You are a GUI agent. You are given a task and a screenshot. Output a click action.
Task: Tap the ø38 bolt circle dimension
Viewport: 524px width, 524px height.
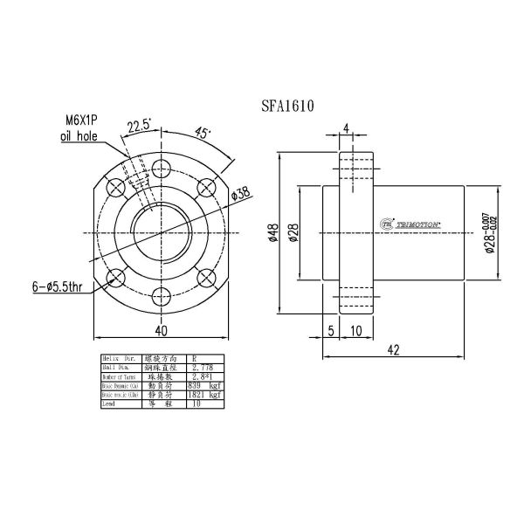(242, 193)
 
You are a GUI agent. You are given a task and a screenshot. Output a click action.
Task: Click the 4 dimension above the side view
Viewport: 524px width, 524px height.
(347, 128)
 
